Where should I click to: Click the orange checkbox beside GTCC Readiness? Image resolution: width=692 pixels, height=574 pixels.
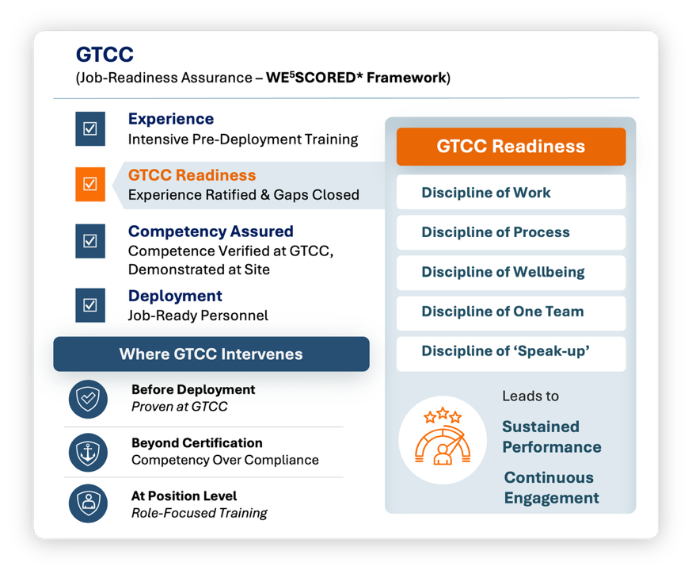tap(90, 184)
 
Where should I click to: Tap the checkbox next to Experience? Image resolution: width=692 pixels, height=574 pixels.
tap(90, 128)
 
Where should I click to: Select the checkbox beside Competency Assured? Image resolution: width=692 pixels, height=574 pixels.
tap(90, 241)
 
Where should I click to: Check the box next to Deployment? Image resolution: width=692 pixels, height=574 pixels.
tap(90, 305)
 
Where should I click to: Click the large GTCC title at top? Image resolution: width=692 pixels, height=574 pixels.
tap(105, 55)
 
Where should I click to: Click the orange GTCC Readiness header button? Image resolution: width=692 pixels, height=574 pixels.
tap(511, 147)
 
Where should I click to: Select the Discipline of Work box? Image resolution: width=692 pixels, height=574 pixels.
tap(511, 192)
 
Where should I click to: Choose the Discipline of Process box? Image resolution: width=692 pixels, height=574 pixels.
tap(511, 232)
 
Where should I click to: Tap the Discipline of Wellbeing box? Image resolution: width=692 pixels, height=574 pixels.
tap(511, 272)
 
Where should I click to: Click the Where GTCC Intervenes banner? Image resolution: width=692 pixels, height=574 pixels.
tap(211, 354)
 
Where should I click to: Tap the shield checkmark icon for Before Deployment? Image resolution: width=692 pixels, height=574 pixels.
tap(88, 399)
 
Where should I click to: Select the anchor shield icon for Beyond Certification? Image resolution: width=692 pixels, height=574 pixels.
tap(88, 453)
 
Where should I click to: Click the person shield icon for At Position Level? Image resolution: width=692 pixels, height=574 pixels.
tap(88, 503)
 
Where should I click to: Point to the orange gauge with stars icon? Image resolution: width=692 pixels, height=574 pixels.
tap(443, 437)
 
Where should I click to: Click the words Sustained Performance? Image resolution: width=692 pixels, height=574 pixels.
tap(552, 437)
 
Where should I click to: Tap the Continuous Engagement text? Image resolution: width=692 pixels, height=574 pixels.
tap(552, 488)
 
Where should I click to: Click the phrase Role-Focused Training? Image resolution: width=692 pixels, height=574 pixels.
tap(199, 513)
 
